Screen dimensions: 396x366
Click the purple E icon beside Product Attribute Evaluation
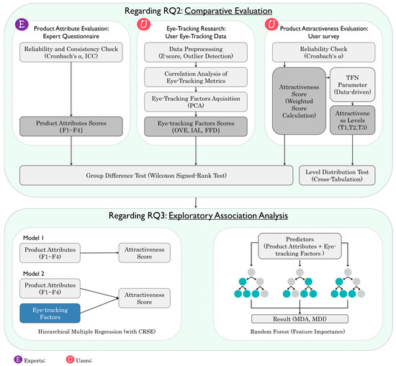pyautogui.click(x=22, y=24)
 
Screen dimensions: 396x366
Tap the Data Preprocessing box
pyautogui.click(x=196, y=53)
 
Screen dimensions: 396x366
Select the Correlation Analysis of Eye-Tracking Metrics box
pyautogui.click(x=196, y=77)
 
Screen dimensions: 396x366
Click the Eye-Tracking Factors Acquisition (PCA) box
pyautogui.click(x=196, y=102)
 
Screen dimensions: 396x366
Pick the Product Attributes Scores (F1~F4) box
pyautogui.click(x=71, y=126)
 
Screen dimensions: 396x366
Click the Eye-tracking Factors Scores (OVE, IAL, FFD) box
pyautogui.click(x=196, y=126)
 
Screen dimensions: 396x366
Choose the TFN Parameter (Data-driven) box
pyautogui.click(x=352, y=84)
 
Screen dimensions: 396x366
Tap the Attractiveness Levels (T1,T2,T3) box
pyautogui.click(x=352, y=120)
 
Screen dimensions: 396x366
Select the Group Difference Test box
pyautogui.click(x=156, y=175)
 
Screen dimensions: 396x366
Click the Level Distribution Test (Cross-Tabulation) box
pyautogui.click(x=337, y=175)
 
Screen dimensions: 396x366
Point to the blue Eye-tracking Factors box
pyautogui.click(x=50, y=313)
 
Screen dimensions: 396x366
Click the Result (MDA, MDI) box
pyautogui.click(x=300, y=318)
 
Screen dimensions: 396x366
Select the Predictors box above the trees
pyautogui.click(x=300, y=246)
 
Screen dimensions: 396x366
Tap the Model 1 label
pyautogui.click(x=34, y=238)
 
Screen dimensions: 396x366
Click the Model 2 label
pyautogui.click(x=34, y=274)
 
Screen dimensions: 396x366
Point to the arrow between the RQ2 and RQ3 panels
pyautogui.click(x=196, y=202)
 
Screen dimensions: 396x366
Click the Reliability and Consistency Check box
pyautogui.click(x=71, y=53)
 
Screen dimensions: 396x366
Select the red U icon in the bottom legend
pyautogui.click(x=70, y=360)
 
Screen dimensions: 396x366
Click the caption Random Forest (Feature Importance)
pyautogui.click(x=297, y=331)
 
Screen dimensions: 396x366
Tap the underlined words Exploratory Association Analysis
pyautogui.click(x=228, y=215)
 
